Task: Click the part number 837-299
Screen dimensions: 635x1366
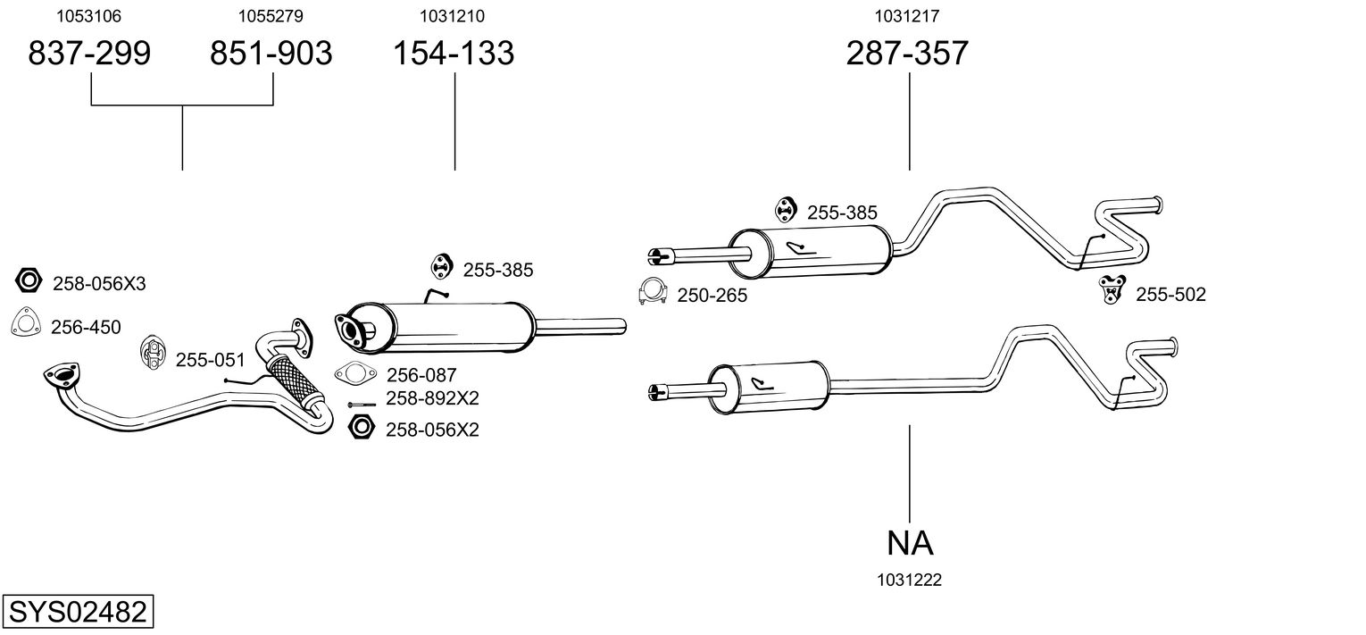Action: click(x=89, y=54)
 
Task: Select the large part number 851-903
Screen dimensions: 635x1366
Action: click(x=271, y=54)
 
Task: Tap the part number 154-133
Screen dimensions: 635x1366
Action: click(x=454, y=54)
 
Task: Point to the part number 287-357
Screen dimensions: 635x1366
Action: click(x=907, y=54)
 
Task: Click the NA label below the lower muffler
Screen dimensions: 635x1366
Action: click(x=910, y=542)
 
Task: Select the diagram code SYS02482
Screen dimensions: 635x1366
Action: click(x=77, y=613)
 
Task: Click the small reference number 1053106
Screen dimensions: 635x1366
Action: click(x=89, y=16)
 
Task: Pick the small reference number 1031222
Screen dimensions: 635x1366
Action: click(x=910, y=580)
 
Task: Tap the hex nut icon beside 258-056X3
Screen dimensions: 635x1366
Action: click(x=29, y=281)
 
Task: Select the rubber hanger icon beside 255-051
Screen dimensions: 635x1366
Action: click(x=153, y=353)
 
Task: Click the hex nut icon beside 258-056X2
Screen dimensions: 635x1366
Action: click(x=361, y=428)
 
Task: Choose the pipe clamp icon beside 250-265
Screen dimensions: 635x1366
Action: click(x=654, y=293)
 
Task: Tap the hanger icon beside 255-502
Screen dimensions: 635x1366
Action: click(x=1112, y=289)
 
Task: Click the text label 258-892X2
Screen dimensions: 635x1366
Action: click(x=432, y=398)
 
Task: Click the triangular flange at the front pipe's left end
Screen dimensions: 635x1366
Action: click(x=61, y=376)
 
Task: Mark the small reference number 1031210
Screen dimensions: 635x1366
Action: click(x=454, y=16)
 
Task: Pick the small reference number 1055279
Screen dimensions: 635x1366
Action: click(x=271, y=16)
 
